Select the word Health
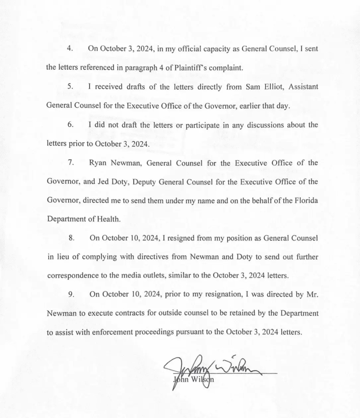108,219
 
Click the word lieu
62,257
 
